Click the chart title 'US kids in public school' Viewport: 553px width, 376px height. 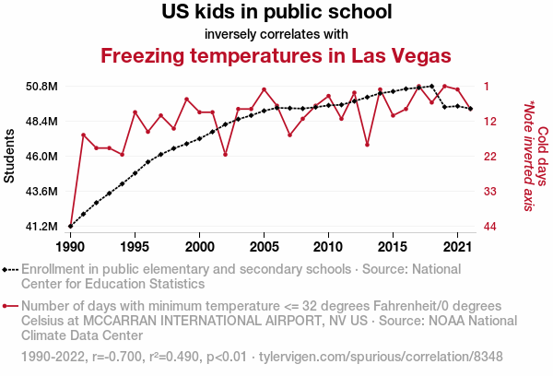(276, 13)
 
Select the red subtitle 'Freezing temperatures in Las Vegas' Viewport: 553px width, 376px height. (276, 55)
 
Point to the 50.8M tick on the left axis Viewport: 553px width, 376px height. (42, 87)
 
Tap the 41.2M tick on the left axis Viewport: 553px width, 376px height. (42, 227)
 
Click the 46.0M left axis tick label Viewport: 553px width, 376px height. (42, 157)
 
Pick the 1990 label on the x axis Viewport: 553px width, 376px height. (70, 247)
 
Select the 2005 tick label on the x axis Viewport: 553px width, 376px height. (264, 247)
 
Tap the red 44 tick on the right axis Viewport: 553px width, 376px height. (490, 227)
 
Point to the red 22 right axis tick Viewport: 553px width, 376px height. (490, 157)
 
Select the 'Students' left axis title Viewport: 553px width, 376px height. (10, 157)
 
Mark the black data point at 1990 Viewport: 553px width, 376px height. (71, 226)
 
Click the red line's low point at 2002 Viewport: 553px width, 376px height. (226, 154)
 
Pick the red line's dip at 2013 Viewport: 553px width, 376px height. (367, 145)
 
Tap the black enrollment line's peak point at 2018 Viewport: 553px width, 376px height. (431, 86)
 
